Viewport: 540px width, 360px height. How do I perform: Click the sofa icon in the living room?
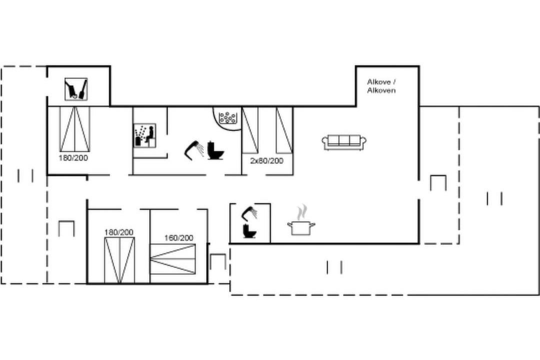pos(344,142)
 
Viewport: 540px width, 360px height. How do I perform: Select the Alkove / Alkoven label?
pos(381,86)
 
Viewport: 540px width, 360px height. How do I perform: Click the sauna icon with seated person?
pos(144,135)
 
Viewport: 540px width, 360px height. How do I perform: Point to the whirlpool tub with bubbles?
pos(227,117)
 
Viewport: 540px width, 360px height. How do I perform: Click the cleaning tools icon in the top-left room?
pos(76,89)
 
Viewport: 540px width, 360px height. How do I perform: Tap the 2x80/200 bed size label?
pos(266,161)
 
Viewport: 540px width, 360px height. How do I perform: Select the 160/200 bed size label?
pos(178,237)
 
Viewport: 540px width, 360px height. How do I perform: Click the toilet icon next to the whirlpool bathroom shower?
pos(215,150)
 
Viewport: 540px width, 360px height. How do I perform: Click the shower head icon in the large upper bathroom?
pos(194,150)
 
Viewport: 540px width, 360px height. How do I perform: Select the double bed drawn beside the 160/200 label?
pos(173,259)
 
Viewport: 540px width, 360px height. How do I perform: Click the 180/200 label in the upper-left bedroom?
pos(73,158)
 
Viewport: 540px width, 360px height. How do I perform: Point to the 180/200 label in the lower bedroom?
pos(119,232)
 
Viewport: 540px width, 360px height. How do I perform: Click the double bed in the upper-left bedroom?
pos(74,129)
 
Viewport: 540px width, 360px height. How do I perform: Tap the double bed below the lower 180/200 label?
pos(119,260)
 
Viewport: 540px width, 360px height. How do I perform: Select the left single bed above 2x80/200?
pos(250,130)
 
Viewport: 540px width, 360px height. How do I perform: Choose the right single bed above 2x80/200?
pos(284,130)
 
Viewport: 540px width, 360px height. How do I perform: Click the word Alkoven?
pos(381,90)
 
